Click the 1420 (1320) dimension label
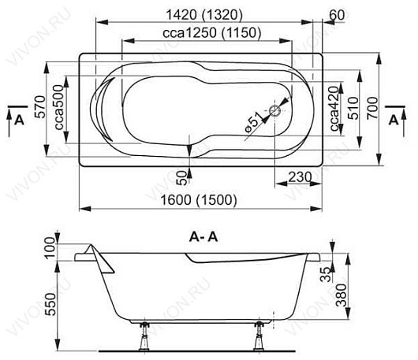coord(204,15)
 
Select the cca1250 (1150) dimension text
coord(212,33)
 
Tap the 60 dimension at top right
coord(337,15)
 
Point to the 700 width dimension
coord(372,108)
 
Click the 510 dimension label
coord(353,108)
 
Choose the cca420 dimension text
coord(335,109)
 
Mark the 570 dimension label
coord(40,107)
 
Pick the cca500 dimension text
coord(58,107)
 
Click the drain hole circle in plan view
coord(274,110)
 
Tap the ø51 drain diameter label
coord(253,121)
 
